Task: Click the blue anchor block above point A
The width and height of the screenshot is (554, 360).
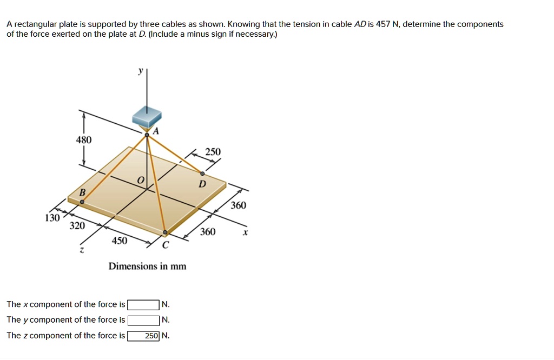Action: coord(148,116)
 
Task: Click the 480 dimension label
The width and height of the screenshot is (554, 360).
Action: coord(84,140)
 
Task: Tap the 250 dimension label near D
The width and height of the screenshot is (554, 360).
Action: coord(213,152)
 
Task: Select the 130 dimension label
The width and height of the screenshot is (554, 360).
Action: coord(52,218)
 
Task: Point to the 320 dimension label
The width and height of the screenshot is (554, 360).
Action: coord(77,225)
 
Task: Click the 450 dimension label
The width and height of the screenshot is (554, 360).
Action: coord(120,241)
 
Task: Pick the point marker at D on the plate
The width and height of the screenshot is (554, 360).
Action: coord(202,174)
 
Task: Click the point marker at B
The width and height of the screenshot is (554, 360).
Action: coord(82,202)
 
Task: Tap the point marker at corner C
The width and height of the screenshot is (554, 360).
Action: coord(166,232)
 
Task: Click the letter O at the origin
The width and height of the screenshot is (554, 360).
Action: coord(141,180)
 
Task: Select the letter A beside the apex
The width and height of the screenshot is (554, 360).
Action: coord(156,131)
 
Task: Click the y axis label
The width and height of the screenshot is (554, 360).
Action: coord(140,71)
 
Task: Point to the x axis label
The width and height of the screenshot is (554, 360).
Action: coord(245,233)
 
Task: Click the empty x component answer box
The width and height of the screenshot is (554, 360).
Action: coord(143,304)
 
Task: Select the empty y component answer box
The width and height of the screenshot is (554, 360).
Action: coord(143,320)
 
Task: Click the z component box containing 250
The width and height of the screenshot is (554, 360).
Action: coord(143,336)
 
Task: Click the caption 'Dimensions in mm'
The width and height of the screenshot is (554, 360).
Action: coord(147,266)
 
